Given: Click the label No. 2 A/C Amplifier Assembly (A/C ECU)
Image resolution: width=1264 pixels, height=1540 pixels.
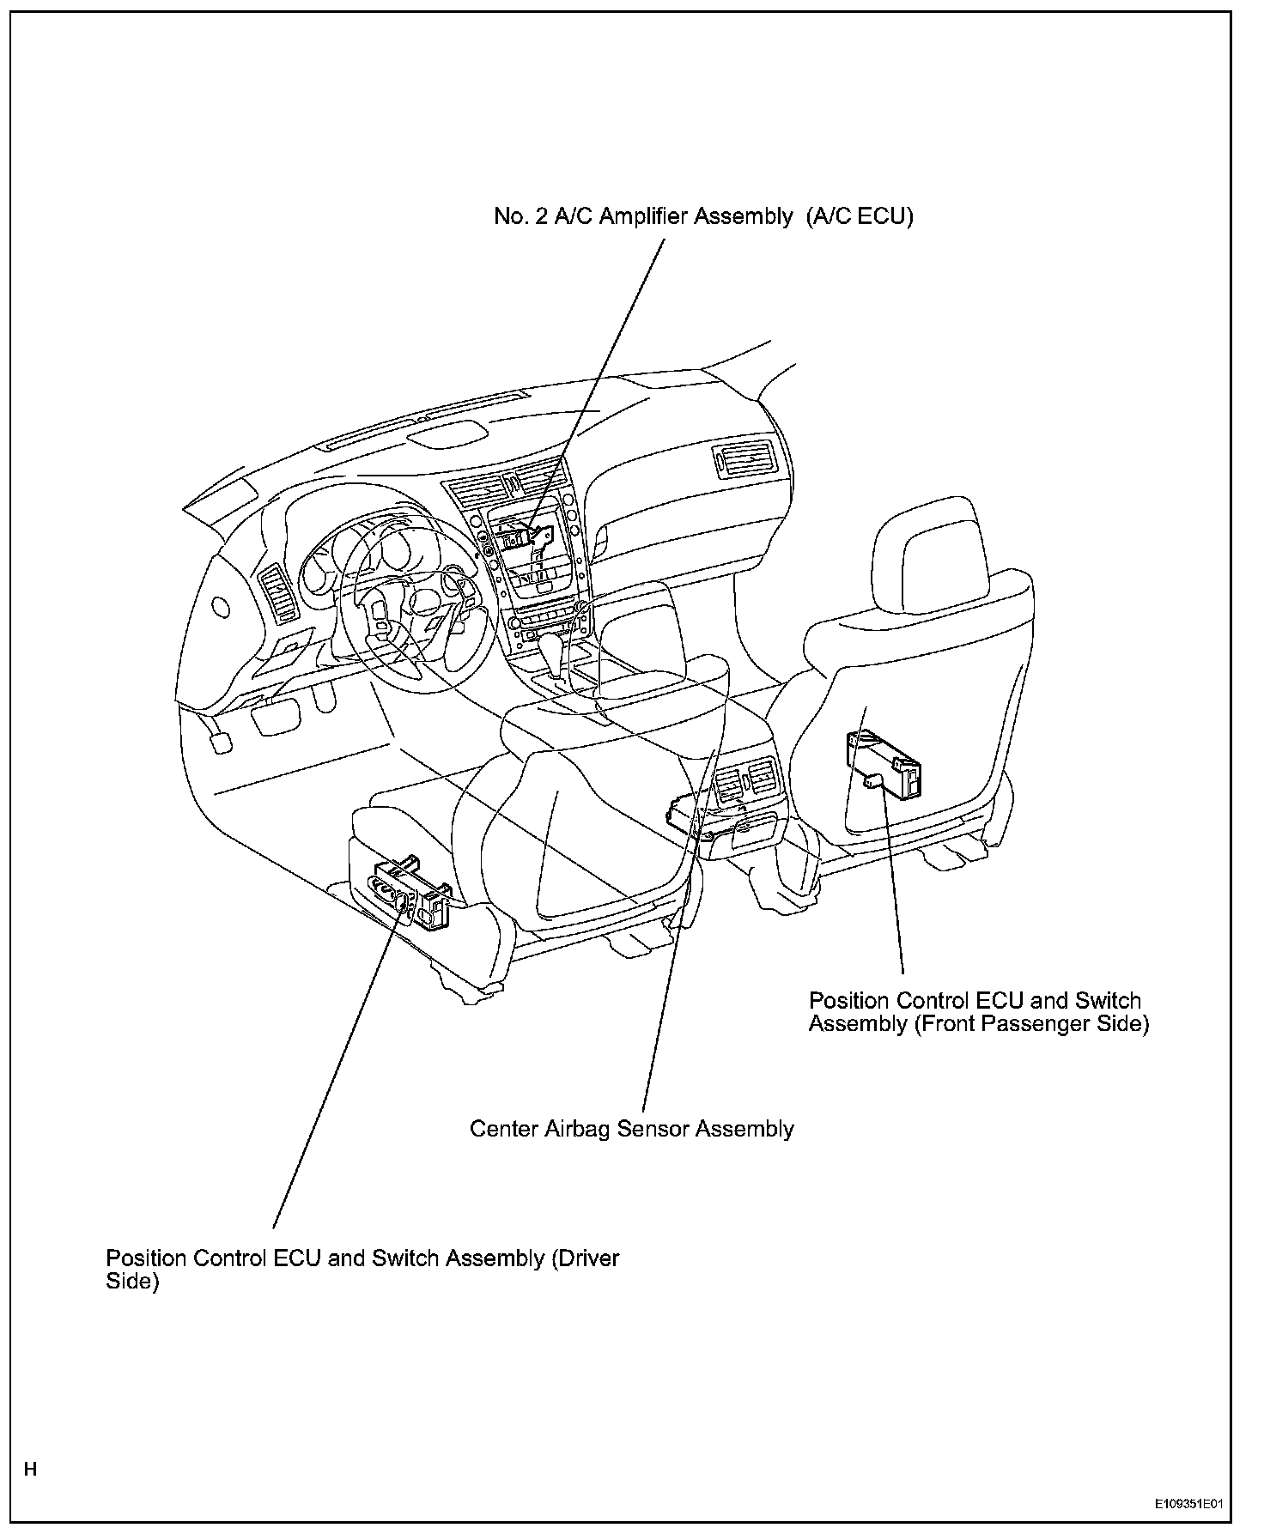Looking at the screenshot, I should click(703, 216).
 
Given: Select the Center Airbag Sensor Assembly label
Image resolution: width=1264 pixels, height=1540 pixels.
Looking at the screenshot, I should click(631, 1128).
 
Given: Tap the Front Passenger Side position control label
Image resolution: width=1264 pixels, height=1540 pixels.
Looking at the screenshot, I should click(978, 1012).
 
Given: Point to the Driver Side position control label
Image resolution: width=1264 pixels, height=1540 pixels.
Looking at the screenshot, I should click(362, 1270).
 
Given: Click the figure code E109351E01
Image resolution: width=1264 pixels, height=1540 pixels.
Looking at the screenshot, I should click(1188, 1505).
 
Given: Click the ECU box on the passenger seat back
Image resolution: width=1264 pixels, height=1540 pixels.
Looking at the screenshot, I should click(884, 763).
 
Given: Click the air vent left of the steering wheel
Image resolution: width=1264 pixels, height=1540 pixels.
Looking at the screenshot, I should click(283, 592).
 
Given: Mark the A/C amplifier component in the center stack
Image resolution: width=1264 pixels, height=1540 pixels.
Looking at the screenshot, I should click(524, 537).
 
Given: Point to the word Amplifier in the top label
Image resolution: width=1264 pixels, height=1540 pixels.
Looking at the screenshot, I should click(643, 216).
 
